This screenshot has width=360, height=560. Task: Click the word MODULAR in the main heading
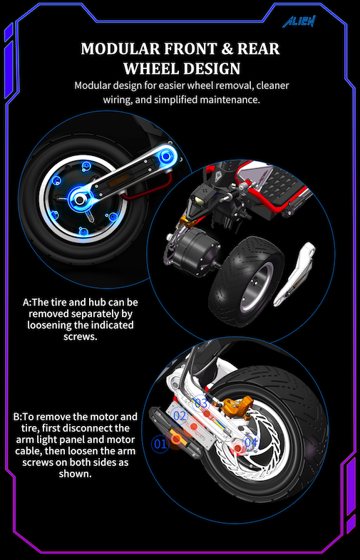coord(120,49)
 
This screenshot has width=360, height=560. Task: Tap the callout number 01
coord(159,444)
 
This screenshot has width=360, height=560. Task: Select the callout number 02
coord(179,415)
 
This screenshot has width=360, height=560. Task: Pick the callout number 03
coord(201,404)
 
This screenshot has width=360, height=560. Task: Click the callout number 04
coord(251,442)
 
